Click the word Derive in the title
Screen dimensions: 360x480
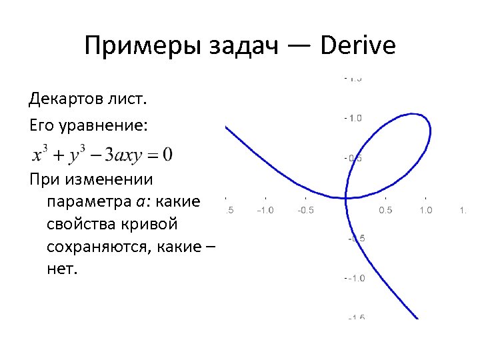tap(357, 46)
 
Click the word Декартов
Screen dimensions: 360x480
tap(65, 100)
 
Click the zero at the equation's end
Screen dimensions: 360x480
tap(167, 154)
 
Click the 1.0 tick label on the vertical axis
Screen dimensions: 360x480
tap(354, 118)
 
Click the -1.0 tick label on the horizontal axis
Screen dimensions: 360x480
tap(265, 211)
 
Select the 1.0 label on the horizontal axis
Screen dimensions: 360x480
tap(425, 211)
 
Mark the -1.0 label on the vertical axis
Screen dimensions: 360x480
tap(354, 278)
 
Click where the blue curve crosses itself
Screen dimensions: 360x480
tap(346, 198)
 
